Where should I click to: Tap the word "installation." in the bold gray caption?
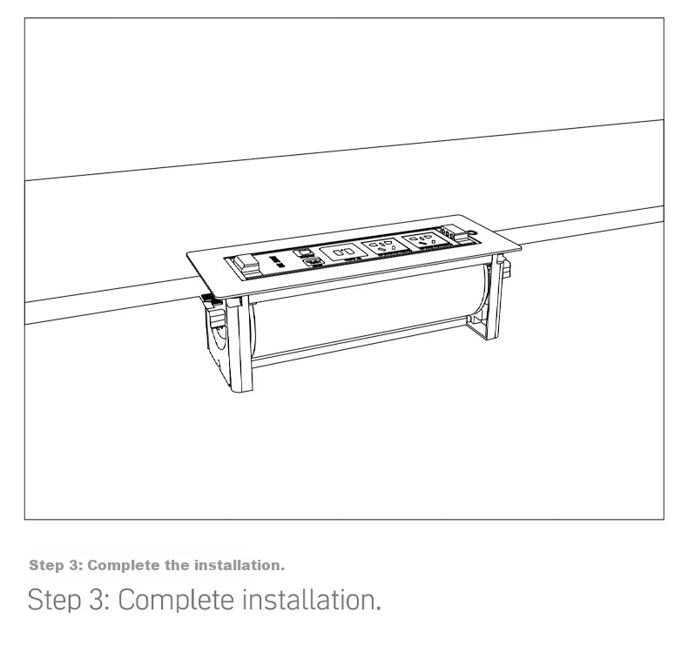point(239,565)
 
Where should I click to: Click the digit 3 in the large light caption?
point(96,600)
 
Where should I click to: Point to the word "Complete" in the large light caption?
point(176,600)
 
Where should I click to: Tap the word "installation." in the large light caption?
point(312,600)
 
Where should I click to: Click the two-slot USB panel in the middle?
point(341,252)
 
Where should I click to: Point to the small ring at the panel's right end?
point(472,233)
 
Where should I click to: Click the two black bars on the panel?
point(277,262)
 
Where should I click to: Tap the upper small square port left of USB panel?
point(301,252)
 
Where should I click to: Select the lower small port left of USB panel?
point(314,261)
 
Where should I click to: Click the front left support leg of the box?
point(240,343)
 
